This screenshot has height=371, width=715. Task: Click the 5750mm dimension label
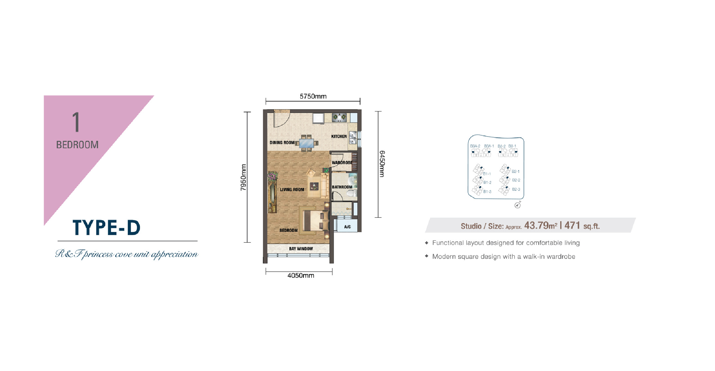click(x=313, y=96)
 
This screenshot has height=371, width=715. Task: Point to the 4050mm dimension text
click(x=301, y=276)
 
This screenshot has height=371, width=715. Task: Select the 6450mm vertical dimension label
click(x=382, y=164)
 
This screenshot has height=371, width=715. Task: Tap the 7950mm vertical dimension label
click(x=243, y=177)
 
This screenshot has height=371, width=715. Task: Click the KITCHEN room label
click(x=339, y=137)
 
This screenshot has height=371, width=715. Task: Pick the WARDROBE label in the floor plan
click(x=342, y=163)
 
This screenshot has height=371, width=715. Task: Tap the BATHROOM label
click(x=342, y=187)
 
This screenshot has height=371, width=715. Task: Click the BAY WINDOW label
click(x=301, y=249)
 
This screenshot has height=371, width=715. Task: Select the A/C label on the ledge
click(x=347, y=227)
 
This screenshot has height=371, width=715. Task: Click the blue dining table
click(x=307, y=143)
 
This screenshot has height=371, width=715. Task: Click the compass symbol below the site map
click(x=517, y=205)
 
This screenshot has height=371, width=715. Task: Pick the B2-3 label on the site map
click(x=516, y=190)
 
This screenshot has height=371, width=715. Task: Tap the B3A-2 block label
click(x=475, y=146)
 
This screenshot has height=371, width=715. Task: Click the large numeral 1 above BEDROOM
click(x=76, y=122)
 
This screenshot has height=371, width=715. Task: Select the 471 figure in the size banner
click(x=572, y=225)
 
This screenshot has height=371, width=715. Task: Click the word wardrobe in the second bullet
click(x=562, y=257)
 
